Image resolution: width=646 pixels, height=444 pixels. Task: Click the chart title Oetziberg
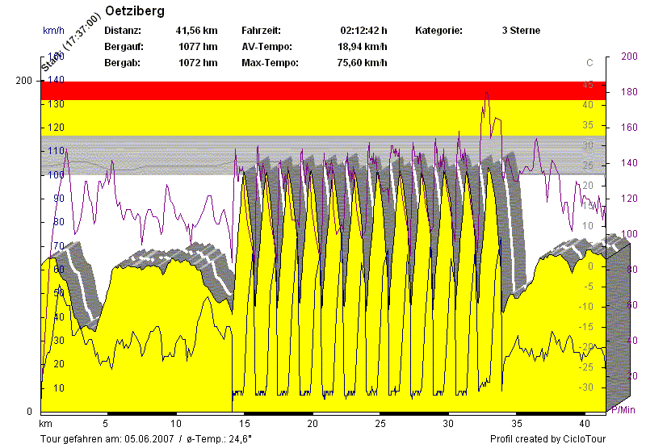coord(135,11)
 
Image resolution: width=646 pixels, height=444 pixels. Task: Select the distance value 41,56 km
coord(196,31)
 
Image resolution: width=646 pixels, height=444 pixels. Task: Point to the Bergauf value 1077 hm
coord(198,47)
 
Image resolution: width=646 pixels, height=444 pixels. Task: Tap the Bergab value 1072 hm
coord(198,63)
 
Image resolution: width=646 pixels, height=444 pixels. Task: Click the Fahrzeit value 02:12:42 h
coord(364,31)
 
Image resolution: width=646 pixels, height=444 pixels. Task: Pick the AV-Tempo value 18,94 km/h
coord(363,47)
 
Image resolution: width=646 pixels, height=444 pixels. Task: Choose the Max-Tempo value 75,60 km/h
coord(363,63)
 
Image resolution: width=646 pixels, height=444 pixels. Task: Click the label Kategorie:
coord(439,31)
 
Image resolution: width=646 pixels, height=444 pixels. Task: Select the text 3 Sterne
coord(521,31)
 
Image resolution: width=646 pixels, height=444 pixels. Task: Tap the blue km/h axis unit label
coord(53,31)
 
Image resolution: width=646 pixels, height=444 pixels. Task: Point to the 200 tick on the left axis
coord(24,81)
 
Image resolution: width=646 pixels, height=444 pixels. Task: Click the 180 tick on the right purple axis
coord(627,93)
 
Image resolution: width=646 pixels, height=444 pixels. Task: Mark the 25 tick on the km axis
coord(380,422)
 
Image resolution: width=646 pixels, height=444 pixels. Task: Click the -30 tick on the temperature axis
coord(587,387)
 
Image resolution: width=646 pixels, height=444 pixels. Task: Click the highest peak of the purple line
coord(486,93)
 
